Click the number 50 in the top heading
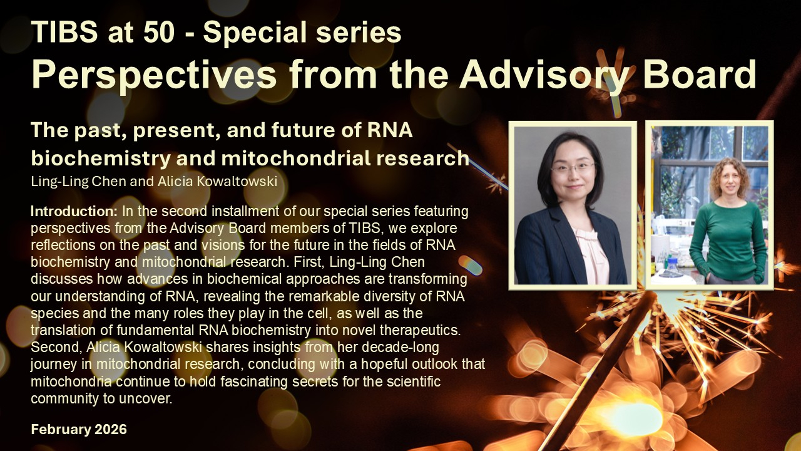click(159, 31)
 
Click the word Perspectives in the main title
click(154, 75)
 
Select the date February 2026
click(79, 429)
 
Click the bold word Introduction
click(74, 211)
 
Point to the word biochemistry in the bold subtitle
click(101, 158)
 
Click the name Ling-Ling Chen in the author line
click(78, 182)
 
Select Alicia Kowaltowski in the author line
click(217, 181)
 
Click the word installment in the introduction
click(244, 211)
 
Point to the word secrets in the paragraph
click(315, 381)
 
